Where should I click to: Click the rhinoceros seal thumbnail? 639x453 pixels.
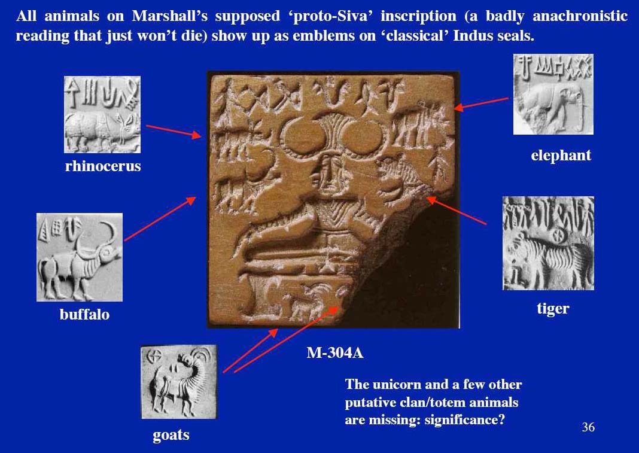102,114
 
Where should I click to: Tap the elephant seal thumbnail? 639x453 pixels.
553,95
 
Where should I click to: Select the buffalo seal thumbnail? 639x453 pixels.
80,257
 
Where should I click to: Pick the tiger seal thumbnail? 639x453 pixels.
548,243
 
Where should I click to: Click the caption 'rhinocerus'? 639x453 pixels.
103,166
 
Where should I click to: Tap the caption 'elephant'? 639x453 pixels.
561,156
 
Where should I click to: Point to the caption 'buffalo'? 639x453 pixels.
84,314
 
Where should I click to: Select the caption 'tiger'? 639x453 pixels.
552,309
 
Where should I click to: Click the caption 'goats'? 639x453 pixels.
171,435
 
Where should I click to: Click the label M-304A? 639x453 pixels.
334,353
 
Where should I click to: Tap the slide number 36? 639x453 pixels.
588,427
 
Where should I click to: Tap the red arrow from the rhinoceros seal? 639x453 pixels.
174,131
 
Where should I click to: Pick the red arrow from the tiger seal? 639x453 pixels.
457,211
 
